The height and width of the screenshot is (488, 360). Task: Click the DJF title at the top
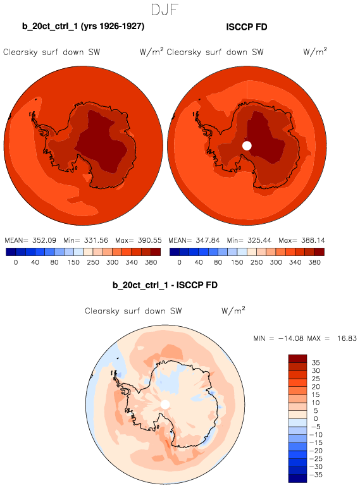pyautogui.click(x=164, y=9)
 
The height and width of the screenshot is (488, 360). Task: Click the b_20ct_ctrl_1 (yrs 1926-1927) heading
pyautogui.click(x=83, y=26)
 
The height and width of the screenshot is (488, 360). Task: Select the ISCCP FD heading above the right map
pyautogui.click(x=247, y=27)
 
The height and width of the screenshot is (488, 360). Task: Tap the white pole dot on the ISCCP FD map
pyautogui.click(x=247, y=145)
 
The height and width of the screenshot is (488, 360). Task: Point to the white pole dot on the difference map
pyautogui.click(x=165, y=405)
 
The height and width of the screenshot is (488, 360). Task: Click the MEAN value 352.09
pyautogui.click(x=44, y=240)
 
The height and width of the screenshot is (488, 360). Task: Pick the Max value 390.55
pyautogui.click(x=150, y=240)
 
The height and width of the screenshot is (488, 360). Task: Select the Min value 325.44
pyautogui.click(x=259, y=240)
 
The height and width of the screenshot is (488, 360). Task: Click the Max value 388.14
pyautogui.click(x=313, y=240)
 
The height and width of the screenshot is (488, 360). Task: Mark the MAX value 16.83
pyautogui.click(x=347, y=338)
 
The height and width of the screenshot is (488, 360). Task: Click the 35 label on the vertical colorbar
pyautogui.click(x=316, y=363)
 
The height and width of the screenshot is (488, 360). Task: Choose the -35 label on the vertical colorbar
pyautogui.click(x=316, y=475)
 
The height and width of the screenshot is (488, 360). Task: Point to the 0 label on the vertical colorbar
pyautogui.click(x=316, y=418)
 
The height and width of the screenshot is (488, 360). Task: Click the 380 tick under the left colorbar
pyautogui.click(x=151, y=262)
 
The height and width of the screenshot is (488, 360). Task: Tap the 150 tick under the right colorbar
pyautogui.click(x=237, y=262)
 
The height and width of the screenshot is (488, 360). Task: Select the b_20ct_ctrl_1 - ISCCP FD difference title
pyautogui.click(x=165, y=285)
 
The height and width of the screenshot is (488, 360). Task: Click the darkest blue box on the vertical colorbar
pyautogui.click(x=298, y=479)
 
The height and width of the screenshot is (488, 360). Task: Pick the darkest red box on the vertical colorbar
pyautogui.click(x=298, y=358)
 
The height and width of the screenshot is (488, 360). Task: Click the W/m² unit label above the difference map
pyautogui.click(x=233, y=310)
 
